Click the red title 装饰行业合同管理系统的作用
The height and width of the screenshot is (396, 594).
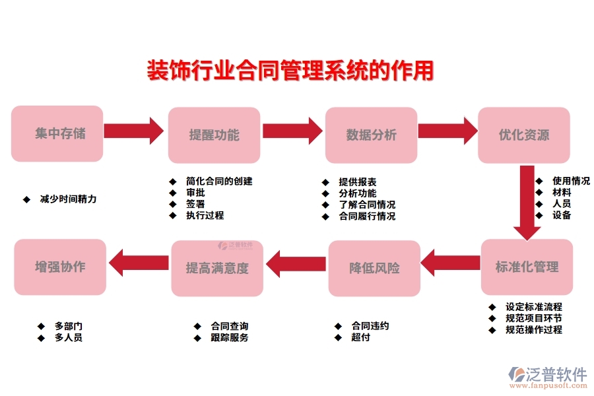[290, 71]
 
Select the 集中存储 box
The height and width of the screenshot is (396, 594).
[57, 134]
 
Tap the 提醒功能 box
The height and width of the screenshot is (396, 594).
[214, 135]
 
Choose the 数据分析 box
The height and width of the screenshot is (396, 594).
[372, 135]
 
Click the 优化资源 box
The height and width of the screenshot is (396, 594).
[524, 135]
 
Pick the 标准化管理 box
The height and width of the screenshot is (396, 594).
[527, 267]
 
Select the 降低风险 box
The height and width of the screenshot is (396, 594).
[374, 268]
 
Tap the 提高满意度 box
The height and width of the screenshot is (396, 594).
[217, 268]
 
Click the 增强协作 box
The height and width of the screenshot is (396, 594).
[60, 267]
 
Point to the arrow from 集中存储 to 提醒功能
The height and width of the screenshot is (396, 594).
[134, 131]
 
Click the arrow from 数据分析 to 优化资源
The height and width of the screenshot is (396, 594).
[447, 131]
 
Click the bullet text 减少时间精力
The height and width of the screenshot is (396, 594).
[68, 199]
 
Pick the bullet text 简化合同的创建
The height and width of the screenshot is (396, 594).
[219, 181]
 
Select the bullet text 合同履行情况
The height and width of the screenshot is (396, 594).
[367, 216]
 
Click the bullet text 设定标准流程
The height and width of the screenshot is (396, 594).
[534, 307]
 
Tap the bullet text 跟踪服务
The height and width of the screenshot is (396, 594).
[230, 337]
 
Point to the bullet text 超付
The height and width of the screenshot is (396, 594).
[361, 337]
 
